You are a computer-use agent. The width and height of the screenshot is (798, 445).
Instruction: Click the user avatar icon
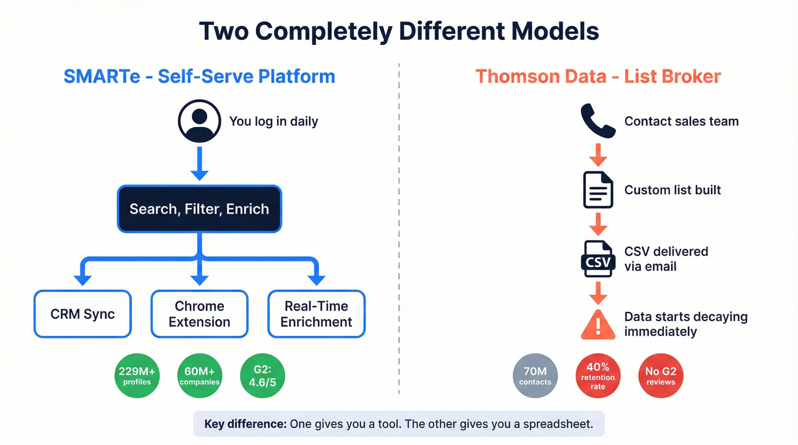coord(199,121)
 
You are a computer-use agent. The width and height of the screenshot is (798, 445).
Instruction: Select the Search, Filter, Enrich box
coord(199,209)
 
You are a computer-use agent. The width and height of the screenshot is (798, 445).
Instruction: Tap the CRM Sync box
coord(83,314)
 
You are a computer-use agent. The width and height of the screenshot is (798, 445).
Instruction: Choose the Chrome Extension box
coord(199,314)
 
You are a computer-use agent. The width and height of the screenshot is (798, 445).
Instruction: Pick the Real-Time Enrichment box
coord(316,314)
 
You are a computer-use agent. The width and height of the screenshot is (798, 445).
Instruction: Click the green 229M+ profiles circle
coord(137,376)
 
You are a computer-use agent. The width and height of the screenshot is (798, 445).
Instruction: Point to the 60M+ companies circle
coord(199,376)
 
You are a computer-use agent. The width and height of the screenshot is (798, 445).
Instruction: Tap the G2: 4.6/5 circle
coord(262,376)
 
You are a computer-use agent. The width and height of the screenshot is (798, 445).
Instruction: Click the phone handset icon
coord(598,121)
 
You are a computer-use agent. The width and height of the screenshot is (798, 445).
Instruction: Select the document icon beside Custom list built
coord(598,190)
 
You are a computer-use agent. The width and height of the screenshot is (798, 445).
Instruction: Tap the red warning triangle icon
coord(598,324)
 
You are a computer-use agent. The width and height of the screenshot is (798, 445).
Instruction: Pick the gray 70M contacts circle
coord(535,376)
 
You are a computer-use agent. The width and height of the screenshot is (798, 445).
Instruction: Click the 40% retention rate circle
coord(598,376)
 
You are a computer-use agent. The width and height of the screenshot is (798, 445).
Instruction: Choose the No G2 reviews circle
coord(661,376)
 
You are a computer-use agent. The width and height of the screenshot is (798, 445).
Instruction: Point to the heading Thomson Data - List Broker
coord(598,76)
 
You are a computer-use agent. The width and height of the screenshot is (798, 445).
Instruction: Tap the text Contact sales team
coord(681,121)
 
